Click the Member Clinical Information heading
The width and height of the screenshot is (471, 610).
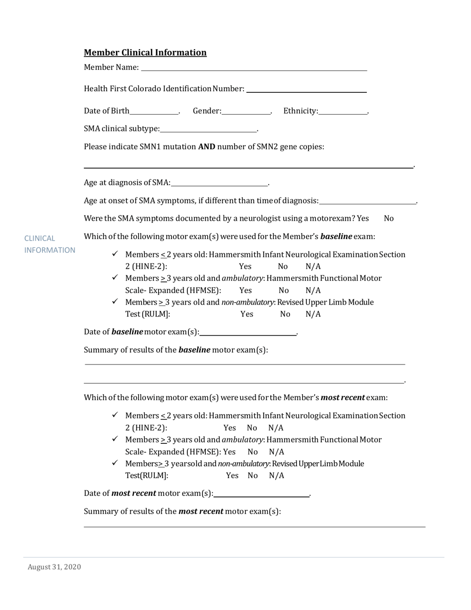(x=145, y=53)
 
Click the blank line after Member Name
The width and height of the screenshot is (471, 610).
(x=254, y=68)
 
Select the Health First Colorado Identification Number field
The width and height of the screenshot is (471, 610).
(x=306, y=89)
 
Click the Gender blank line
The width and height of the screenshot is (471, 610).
(x=246, y=112)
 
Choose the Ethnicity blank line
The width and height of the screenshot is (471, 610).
(x=343, y=112)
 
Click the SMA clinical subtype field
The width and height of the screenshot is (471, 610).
(x=208, y=129)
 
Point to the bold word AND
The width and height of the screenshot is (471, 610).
(x=207, y=147)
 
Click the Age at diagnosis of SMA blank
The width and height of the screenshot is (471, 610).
(x=219, y=183)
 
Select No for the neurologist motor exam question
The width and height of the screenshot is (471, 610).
(x=389, y=219)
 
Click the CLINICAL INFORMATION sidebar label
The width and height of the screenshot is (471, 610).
(x=50, y=244)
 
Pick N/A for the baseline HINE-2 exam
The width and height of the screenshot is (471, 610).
(x=313, y=267)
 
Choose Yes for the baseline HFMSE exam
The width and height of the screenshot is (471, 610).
(x=245, y=291)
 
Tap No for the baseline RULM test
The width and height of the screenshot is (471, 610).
(x=285, y=314)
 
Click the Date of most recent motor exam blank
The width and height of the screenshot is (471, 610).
(x=261, y=494)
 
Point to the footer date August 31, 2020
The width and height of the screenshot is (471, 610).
(x=54, y=567)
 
